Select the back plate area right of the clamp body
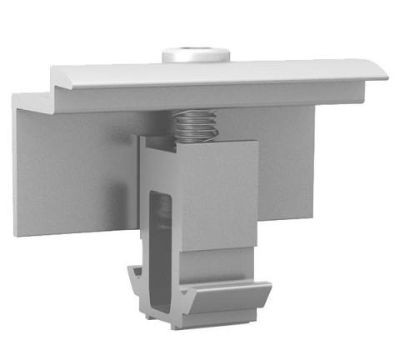coord(287,167)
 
